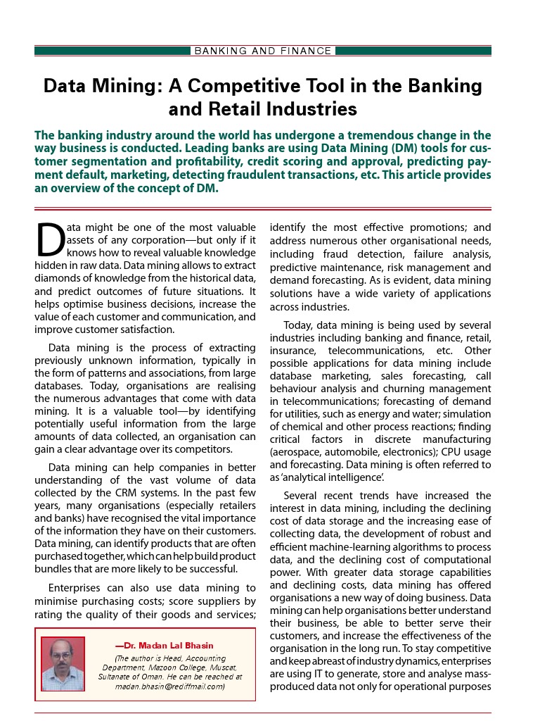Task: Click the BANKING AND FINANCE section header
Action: pos(263,51)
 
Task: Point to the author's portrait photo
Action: pos(63,664)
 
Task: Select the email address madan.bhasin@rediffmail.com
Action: pos(169,686)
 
